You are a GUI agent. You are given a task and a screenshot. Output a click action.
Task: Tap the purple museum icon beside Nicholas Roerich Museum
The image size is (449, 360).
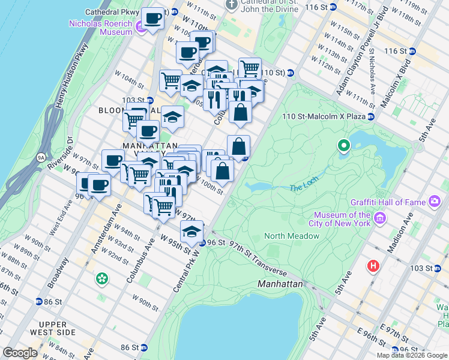pyautogui.click(x=140, y=26)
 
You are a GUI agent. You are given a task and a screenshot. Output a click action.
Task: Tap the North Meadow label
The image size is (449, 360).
pyautogui.click(x=292, y=236)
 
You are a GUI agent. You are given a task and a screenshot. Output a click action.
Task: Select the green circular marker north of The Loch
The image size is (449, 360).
pyautogui.click(x=344, y=145)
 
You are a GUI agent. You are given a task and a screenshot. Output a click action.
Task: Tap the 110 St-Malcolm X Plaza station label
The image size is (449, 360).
pyautogui.click(x=328, y=116)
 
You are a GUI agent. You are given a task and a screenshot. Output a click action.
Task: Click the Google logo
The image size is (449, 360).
pyautogui.click(x=20, y=353)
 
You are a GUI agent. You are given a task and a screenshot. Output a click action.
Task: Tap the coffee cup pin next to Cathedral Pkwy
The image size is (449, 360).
pyautogui.click(x=152, y=19)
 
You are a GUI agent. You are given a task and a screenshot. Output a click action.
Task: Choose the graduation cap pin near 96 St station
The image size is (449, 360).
pyautogui.click(x=191, y=231)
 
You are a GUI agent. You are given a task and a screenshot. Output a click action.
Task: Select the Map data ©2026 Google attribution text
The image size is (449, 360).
pyautogui.click(x=411, y=355)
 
